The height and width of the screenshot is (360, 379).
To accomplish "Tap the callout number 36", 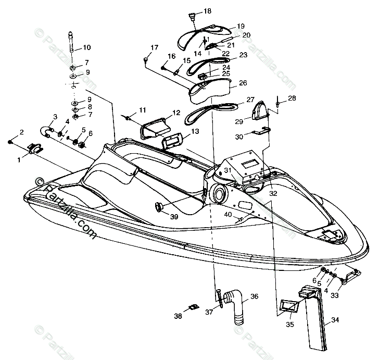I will pyautogui.click(x=254, y=296).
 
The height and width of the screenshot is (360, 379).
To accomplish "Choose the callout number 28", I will pyautogui.click(x=292, y=98).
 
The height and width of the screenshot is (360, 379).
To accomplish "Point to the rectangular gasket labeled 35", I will pyautogui.click(x=288, y=306).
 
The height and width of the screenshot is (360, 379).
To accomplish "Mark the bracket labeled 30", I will pyautogui.click(x=261, y=131).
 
